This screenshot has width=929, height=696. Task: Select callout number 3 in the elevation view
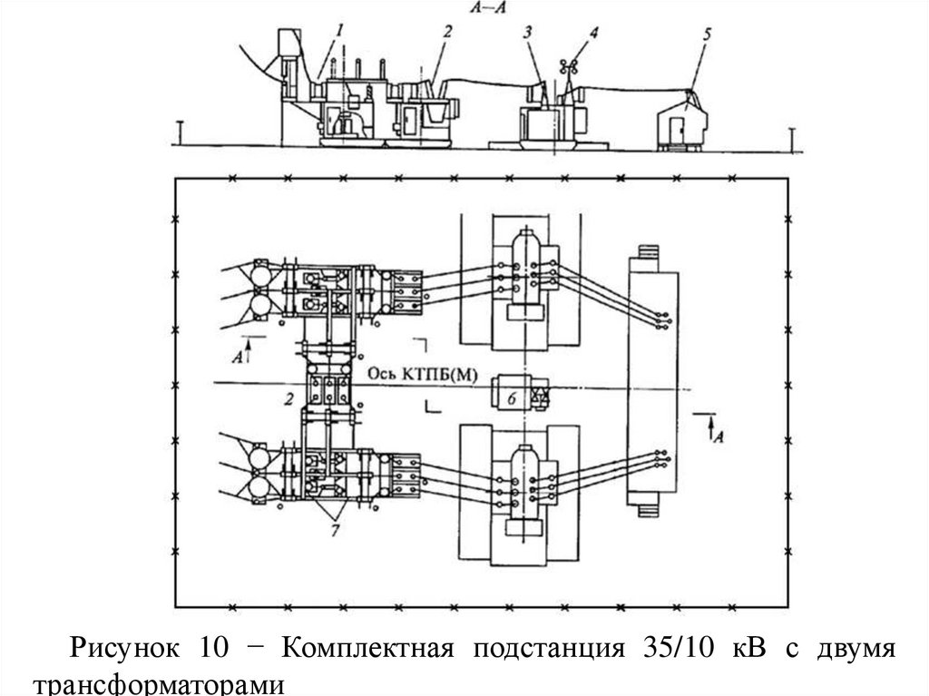coord(527,33)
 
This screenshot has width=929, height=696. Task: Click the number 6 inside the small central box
coord(511,397)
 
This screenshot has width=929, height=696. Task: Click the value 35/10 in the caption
coord(670,651)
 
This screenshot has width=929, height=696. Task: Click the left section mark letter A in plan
coord(237,357)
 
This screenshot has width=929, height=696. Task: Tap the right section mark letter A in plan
coord(718,436)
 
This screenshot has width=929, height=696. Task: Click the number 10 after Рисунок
coord(206,651)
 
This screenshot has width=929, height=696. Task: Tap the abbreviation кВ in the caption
coord(749,651)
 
